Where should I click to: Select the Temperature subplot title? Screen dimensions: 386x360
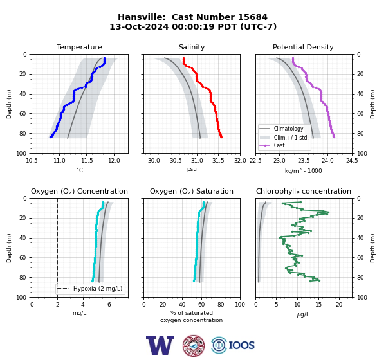[79, 47]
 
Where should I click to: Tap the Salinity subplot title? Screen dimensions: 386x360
[192, 47]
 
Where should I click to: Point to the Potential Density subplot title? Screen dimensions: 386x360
[303, 47]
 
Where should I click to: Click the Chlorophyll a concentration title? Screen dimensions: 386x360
[303, 191]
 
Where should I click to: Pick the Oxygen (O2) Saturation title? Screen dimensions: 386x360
[192, 191]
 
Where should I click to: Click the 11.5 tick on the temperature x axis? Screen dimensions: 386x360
[86, 161]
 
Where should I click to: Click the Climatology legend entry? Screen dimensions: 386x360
[288, 129]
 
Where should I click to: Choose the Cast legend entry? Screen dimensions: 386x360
[279, 145]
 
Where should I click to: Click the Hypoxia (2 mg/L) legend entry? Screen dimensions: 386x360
[98, 289]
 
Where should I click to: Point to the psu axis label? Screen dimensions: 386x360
[192, 169]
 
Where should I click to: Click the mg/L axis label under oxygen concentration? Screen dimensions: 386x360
[79, 313]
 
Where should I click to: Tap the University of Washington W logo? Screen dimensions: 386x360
[160, 345]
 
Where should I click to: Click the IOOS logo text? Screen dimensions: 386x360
[241, 345]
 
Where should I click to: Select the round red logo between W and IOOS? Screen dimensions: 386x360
[194, 345]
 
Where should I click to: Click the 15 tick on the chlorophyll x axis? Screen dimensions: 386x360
[318, 305]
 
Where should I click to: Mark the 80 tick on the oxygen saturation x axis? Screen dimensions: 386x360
[221, 305]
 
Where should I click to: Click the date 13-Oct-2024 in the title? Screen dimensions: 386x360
[139, 26]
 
